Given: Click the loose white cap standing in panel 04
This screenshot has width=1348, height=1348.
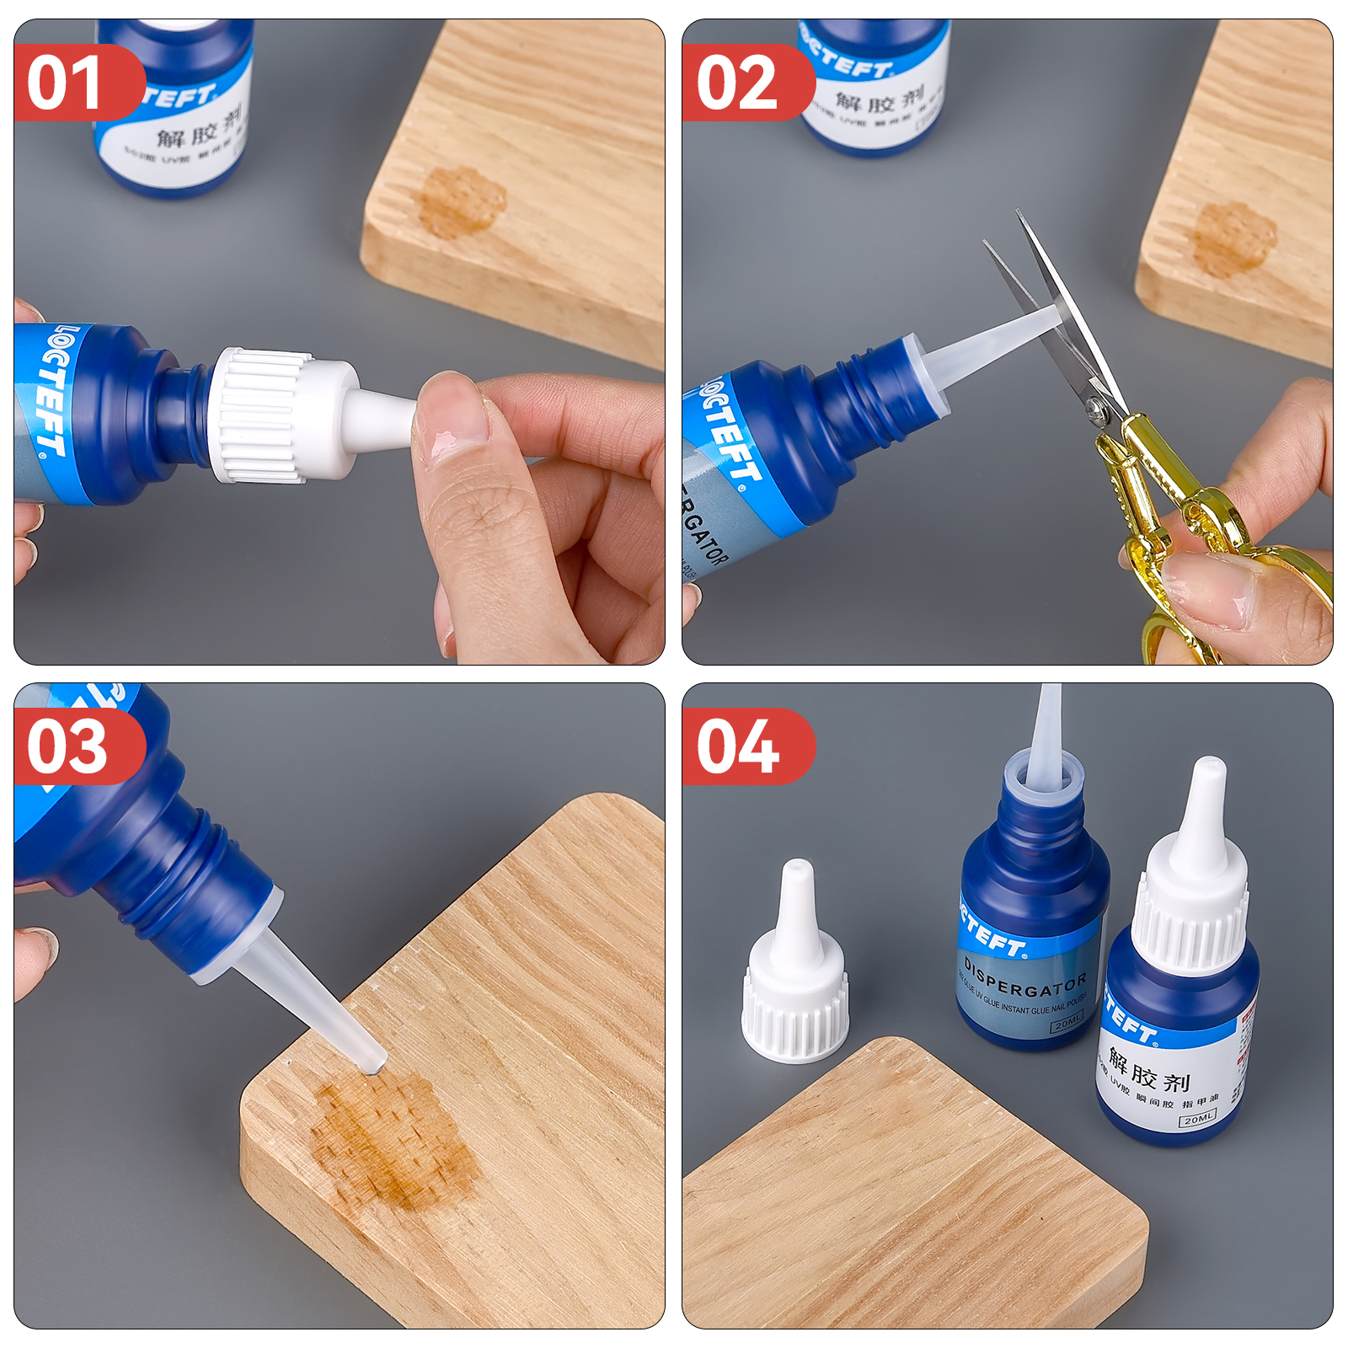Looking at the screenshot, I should coord(794,969).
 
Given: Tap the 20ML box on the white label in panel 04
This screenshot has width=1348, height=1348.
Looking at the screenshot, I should coord(1197,1119).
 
